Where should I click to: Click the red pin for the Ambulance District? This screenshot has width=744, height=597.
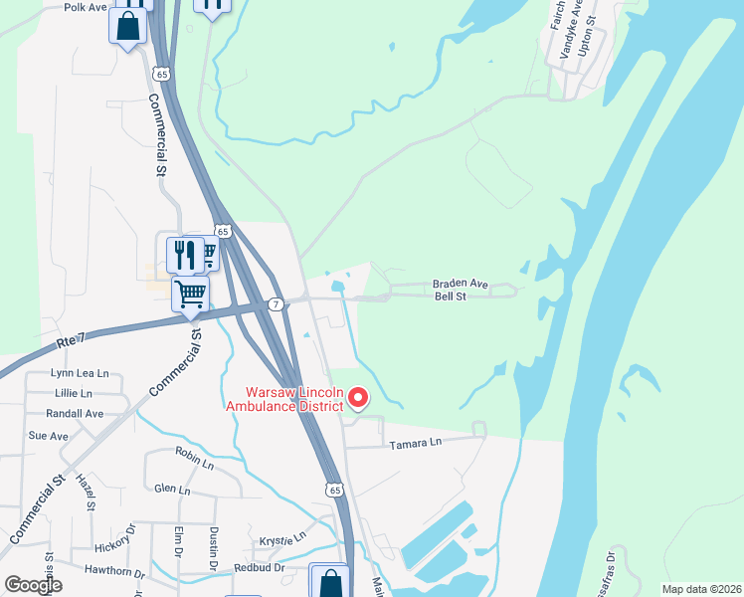tap(358, 399)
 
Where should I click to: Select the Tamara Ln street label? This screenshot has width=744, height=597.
tap(415, 443)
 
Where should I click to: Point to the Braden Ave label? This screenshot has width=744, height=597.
tap(461, 284)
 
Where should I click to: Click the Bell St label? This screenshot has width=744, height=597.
tap(451, 297)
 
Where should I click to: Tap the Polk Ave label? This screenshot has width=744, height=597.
tap(85, 7)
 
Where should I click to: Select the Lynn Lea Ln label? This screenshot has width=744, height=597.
tap(79, 373)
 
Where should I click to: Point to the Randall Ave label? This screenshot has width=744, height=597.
tap(75, 413)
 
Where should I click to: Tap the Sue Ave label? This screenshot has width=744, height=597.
tap(48, 436)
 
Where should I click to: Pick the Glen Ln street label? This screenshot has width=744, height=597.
tap(172, 489)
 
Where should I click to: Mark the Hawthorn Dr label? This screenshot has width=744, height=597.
tap(115, 573)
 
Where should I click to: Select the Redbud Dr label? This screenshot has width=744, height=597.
tap(259, 567)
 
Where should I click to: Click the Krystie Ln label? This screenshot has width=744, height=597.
tap(282, 538)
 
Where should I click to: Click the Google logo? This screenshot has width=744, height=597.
tap(33, 585)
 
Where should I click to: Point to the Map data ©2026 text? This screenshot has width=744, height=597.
tap(701, 589)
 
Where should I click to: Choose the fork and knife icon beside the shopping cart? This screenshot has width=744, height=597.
tap(185, 256)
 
